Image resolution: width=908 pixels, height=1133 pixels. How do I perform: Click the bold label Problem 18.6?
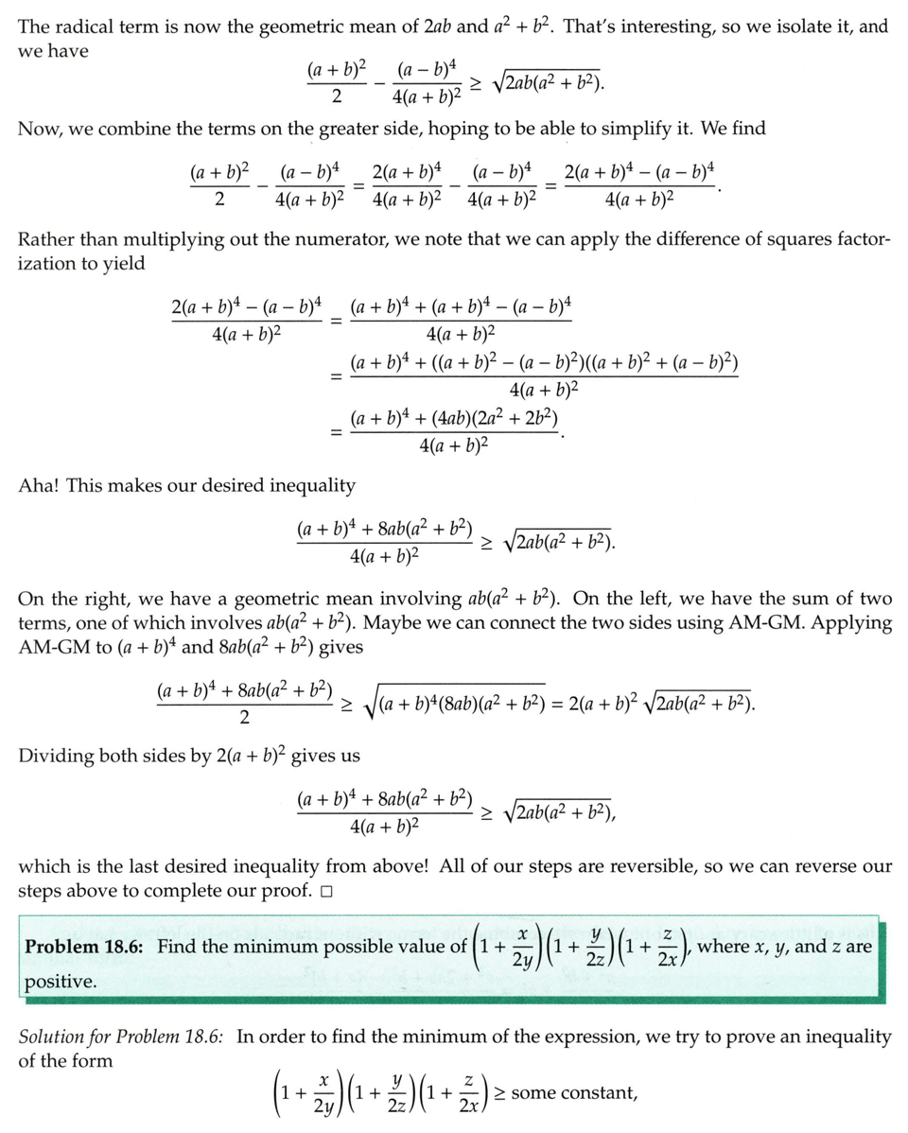(85, 947)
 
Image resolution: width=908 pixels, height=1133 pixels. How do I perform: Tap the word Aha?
(39, 485)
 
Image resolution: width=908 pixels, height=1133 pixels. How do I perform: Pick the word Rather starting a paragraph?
(44, 239)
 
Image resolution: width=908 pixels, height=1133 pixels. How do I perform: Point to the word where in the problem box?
(723, 947)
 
